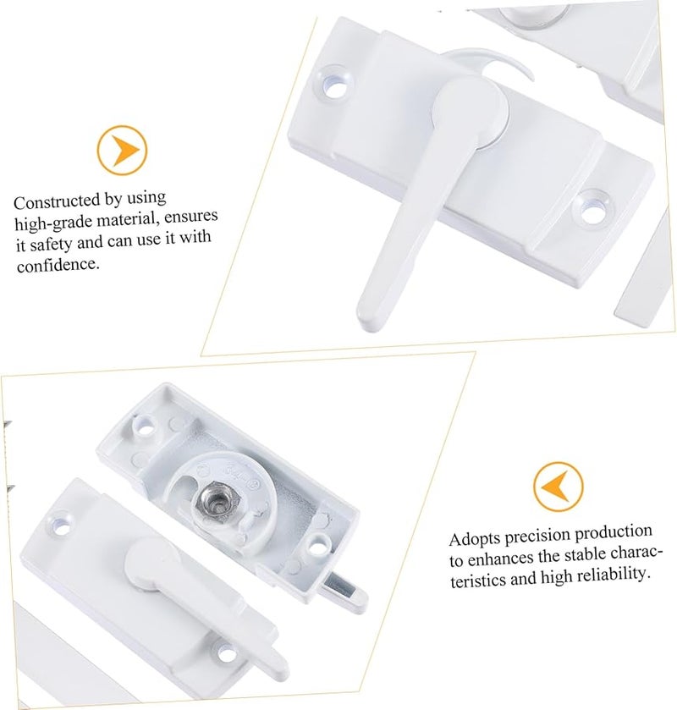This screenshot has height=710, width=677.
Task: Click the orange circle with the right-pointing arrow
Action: click(x=124, y=151)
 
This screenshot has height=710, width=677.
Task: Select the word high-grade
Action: click(x=50, y=223)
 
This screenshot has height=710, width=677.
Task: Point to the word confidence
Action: click(x=58, y=265)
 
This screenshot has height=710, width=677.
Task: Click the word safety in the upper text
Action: click(x=58, y=244)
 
